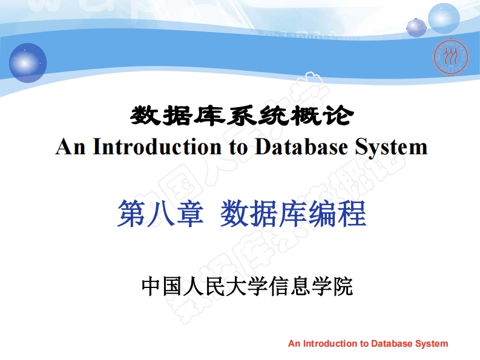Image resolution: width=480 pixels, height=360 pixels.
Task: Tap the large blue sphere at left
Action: click(28, 62)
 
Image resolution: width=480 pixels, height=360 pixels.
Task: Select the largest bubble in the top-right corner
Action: click(444, 18)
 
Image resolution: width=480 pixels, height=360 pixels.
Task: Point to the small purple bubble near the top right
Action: click(416, 27)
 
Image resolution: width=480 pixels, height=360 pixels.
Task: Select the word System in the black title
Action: click(393, 147)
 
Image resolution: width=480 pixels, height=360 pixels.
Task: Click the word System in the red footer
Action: click(432, 344)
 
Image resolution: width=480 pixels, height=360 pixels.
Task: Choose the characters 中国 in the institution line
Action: click(162, 286)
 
